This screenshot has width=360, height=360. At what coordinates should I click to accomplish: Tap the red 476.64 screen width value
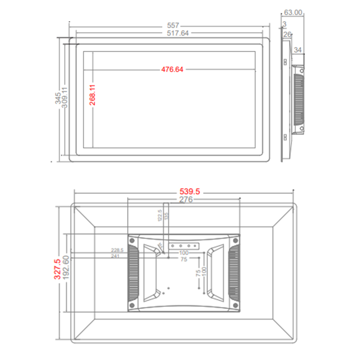pos(173,69)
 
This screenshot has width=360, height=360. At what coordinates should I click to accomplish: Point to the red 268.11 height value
pos(92,95)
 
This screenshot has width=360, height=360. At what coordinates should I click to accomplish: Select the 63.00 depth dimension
pos(293,13)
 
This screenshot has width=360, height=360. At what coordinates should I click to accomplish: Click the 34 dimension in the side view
pos(298,50)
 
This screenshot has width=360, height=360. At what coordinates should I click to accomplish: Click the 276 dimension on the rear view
pos(186,199)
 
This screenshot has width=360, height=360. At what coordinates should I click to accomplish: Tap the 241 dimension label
pos(116,256)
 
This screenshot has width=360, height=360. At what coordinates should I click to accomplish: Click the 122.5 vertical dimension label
pos(159,216)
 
